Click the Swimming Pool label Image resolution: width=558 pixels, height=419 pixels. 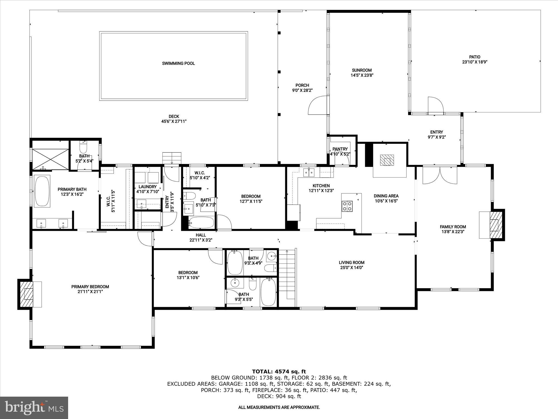click(x=178, y=63)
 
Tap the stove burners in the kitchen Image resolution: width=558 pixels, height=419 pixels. click(x=347, y=206)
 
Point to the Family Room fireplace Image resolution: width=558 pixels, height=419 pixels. click(x=494, y=225)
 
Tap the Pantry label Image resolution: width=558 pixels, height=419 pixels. click(x=340, y=149)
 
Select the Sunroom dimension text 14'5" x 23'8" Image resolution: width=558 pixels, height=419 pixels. click(x=362, y=75)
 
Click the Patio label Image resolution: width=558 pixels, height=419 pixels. click(x=474, y=57)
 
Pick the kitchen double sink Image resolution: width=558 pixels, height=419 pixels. click(x=309, y=172)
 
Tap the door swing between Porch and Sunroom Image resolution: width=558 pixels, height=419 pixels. click(x=317, y=105)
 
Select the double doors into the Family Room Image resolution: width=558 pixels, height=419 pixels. click(x=440, y=175)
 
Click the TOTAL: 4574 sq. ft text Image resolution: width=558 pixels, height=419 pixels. click(x=279, y=371)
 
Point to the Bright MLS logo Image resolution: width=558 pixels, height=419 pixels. click(x=34, y=408)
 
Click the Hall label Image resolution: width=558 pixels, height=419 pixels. click(x=201, y=235)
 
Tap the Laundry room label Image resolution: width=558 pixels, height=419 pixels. click(x=147, y=187)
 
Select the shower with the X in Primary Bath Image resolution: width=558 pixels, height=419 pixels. click(x=50, y=158)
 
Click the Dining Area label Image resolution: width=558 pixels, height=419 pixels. click(x=386, y=196)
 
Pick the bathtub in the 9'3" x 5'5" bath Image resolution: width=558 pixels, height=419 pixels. click(x=268, y=292)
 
